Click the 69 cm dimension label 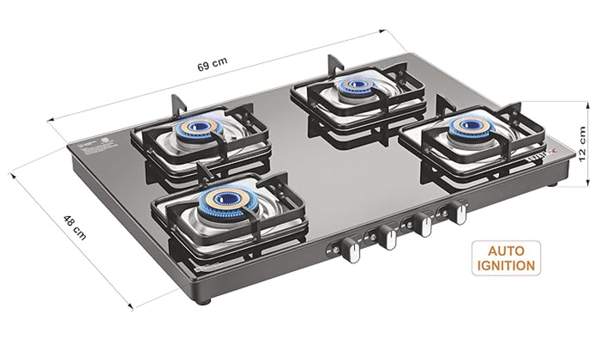click(x=212, y=64)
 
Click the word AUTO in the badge click(x=506, y=250)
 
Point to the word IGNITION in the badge click(x=506, y=265)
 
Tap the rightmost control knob click(x=458, y=213)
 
